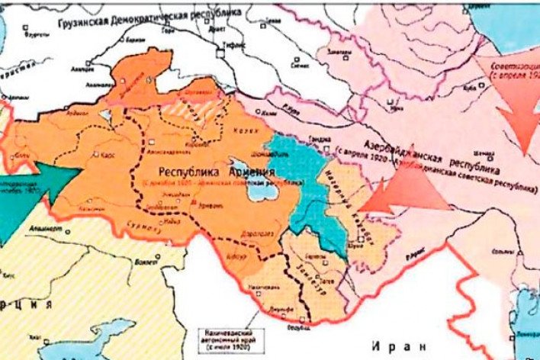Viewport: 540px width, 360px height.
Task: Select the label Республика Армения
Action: (214, 173)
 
